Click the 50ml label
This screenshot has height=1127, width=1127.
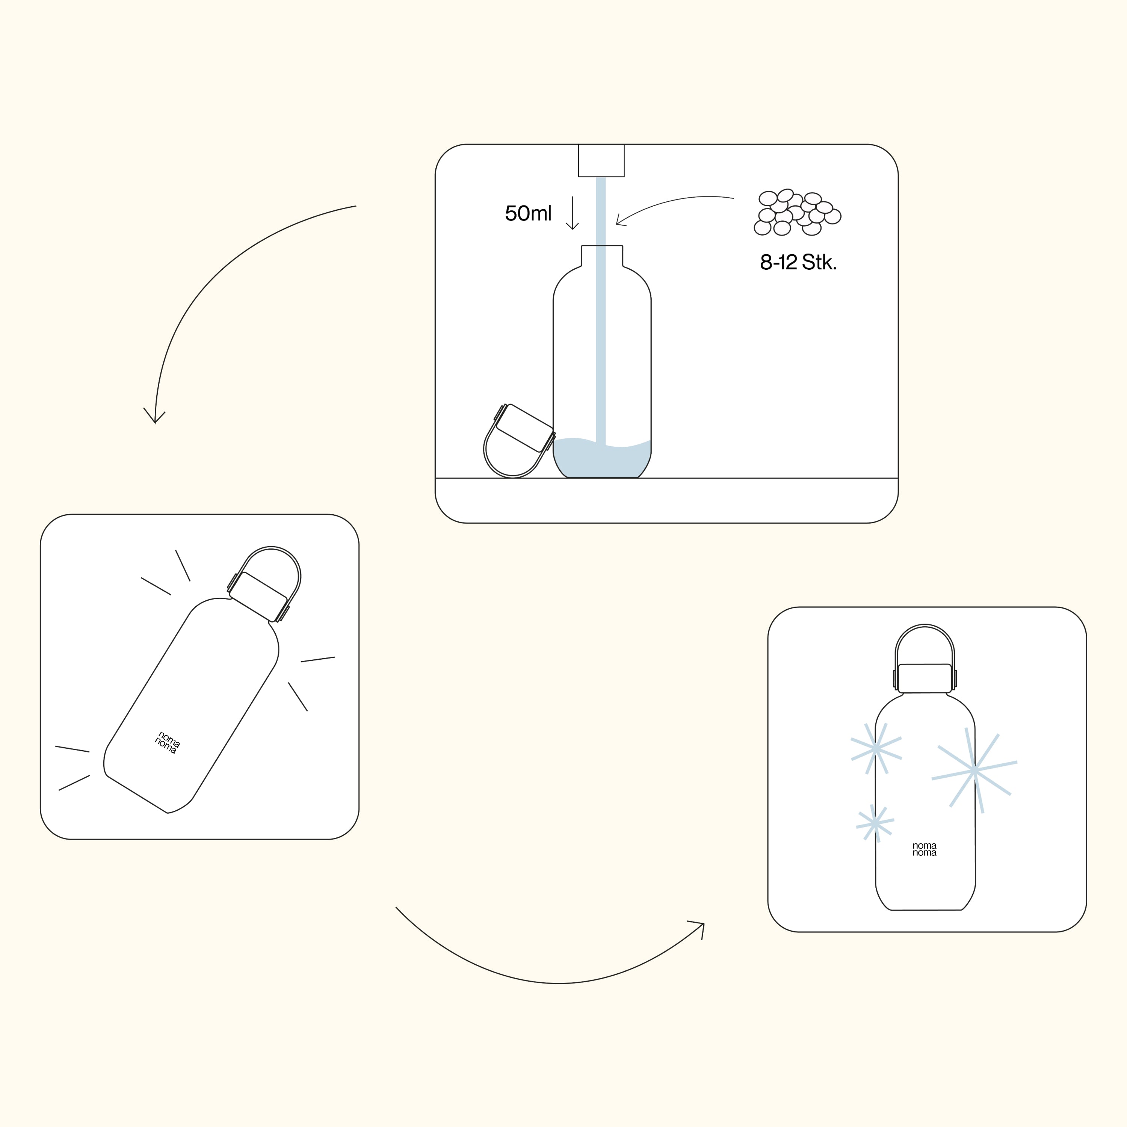pos(528,213)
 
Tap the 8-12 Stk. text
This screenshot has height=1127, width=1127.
pos(798,263)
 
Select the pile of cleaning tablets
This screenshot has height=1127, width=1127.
pos(797,212)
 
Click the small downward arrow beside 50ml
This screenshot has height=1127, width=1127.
pos(572,213)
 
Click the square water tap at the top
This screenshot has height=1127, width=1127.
pos(601,160)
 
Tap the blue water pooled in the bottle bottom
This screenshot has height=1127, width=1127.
pos(601,458)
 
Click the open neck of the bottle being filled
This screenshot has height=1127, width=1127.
pos(602,255)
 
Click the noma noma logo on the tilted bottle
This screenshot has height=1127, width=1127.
pos(168,743)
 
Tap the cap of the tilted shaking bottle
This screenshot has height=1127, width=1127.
pos(258,596)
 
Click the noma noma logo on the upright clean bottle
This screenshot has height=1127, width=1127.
pos(925,849)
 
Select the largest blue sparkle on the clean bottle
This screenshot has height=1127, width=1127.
pos(974,771)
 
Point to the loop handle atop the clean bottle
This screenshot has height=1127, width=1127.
pos(925,626)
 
